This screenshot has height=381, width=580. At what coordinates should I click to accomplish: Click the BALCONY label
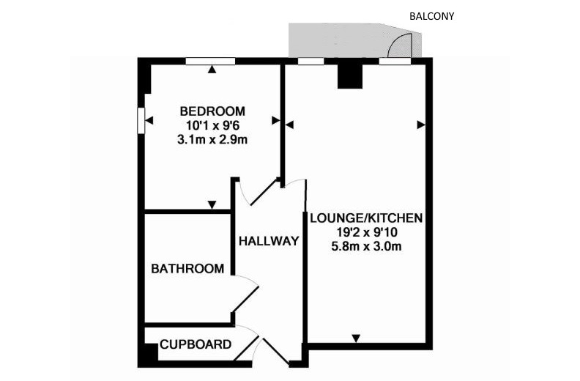point(431,16)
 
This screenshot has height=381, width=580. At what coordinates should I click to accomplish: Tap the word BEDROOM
point(212,111)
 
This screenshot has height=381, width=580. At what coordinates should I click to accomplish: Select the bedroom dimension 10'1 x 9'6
point(212,125)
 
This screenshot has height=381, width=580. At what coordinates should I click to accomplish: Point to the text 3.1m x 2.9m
point(212,140)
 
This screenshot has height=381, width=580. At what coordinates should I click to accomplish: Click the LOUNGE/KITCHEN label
point(366,218)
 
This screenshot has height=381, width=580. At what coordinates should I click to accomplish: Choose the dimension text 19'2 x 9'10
point(367,232)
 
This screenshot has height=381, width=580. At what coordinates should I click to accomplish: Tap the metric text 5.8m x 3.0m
point(367,246)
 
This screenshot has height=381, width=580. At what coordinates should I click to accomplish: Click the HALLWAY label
point(269,241)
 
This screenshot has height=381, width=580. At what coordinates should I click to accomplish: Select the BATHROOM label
point(187,268)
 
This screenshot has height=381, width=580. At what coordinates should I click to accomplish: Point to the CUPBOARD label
point(196,344)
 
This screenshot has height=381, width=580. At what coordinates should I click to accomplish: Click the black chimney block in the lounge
point(349,77)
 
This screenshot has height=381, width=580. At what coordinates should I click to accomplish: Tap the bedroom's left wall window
point(141,120)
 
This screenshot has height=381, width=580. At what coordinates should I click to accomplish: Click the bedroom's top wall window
point(210,62)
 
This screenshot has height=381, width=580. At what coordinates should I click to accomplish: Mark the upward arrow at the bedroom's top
point(212,69)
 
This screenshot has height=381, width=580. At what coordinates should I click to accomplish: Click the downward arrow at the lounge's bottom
point(356,339)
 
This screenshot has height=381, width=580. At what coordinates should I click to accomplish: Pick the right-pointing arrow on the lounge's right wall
point(421,125)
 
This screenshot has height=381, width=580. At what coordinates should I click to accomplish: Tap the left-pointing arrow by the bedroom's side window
point(149,120)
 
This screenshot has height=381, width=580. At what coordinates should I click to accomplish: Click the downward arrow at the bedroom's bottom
point(212,204)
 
